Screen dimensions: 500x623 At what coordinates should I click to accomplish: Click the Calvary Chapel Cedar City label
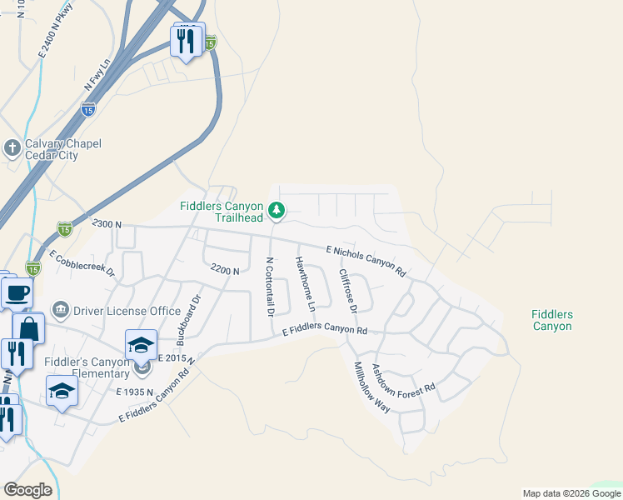62,149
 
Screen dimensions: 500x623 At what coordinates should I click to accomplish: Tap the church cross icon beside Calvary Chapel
12,148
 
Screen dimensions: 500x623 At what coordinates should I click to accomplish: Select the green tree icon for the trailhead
277,212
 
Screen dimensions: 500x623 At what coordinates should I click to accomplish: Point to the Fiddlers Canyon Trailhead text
222,212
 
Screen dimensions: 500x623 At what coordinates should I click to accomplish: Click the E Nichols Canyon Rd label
366,261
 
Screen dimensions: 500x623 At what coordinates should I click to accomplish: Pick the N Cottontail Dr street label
269,287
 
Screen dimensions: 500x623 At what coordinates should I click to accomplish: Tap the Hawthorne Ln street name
305,284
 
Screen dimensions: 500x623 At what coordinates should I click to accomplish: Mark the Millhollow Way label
371,387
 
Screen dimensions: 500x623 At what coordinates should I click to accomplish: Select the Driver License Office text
127,311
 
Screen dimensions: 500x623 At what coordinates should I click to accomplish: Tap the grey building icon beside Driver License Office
61,311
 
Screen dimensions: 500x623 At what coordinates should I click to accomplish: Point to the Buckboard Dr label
188,320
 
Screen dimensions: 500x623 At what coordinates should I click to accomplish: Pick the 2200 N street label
225,270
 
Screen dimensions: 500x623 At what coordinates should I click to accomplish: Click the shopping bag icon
28,328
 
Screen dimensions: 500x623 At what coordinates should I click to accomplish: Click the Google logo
27,490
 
